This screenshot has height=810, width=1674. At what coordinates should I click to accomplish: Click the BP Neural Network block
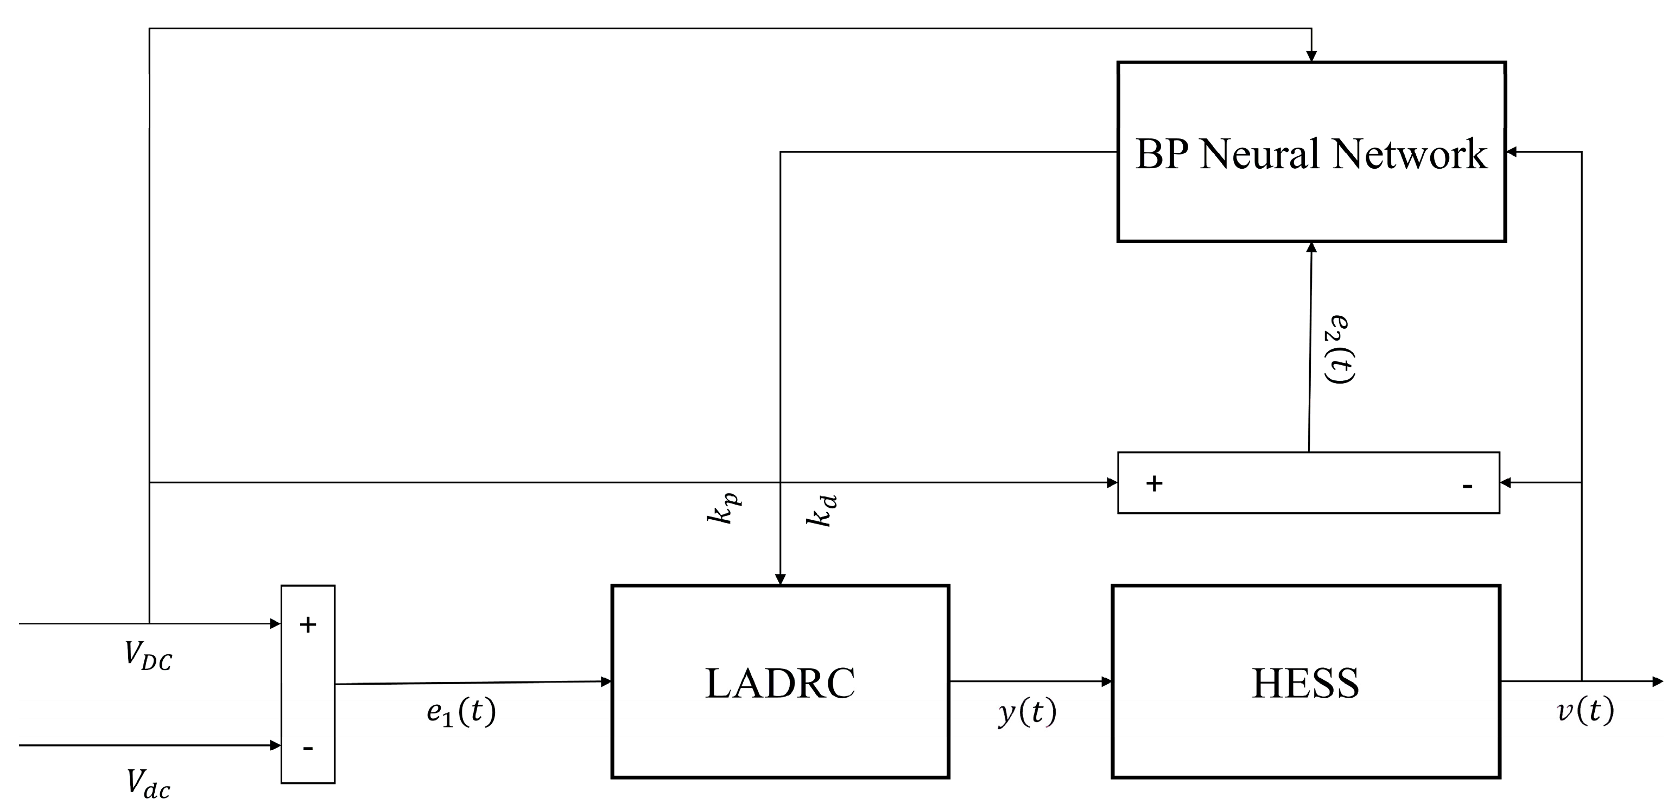pos(1311,152)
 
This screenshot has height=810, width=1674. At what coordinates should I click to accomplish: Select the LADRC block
pos(780,682)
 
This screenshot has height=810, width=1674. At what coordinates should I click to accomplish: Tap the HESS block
pos(1305,682)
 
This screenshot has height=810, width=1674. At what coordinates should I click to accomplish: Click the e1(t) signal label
pos(461,712)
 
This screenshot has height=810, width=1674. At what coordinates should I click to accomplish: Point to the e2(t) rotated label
pos(1340,349)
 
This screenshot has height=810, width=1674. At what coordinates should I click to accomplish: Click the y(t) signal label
pos(1028,712)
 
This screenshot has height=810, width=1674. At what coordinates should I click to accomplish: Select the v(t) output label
pos(1586,711)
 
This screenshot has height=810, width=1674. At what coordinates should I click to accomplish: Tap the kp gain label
pos(723,508)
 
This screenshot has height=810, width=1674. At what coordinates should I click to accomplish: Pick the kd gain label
pos(821,511)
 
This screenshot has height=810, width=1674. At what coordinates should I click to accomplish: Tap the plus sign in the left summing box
pos(308,625)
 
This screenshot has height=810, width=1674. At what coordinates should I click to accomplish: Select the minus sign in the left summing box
pos(308,748)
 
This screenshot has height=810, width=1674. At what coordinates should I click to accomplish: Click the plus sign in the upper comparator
pos(1154,483)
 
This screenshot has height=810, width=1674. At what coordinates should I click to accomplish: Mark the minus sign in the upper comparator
pos(1467,486)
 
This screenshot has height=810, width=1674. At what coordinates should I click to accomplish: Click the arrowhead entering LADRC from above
pos(781,579)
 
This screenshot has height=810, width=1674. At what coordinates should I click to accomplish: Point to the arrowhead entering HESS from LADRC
pos(1106,681)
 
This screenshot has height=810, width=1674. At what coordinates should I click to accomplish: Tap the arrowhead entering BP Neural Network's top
pos(1311,56)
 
